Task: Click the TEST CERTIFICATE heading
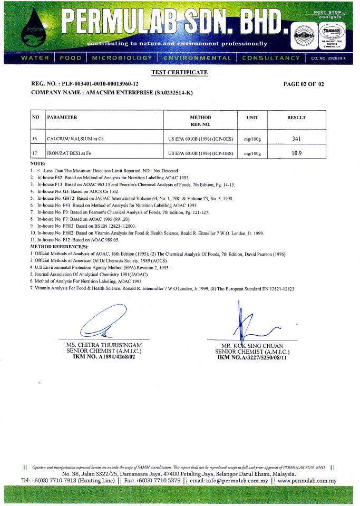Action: (x=180, y=72)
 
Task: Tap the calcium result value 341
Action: (x=296, y=139)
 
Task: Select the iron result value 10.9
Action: (x=296, y=153)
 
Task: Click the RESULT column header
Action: (x=296, y=118)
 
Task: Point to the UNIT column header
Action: (x=252, y=118)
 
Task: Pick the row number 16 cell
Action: (x=36, y=139)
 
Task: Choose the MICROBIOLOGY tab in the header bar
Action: (x=122, y=58)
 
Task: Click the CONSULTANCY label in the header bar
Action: (x=270, y=58)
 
